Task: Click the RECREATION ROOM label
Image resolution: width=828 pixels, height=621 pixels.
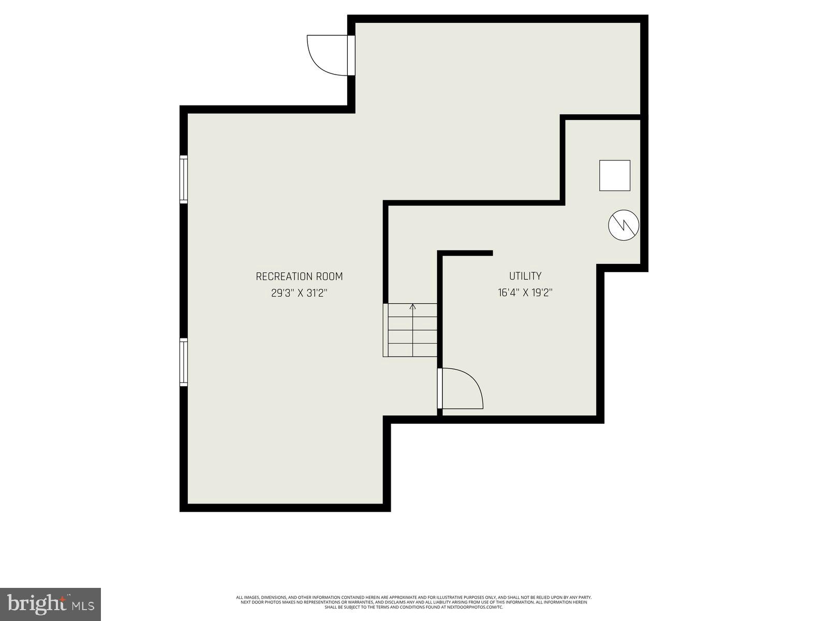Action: (299, 277)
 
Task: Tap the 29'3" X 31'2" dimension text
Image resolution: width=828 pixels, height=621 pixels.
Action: (299, 293)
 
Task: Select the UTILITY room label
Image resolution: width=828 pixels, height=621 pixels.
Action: (525, 276)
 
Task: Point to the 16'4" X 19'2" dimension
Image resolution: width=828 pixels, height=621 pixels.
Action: (525, 293)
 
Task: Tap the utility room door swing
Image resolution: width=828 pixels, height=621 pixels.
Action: (463, 388)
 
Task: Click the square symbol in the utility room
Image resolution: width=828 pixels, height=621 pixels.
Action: (614, 175)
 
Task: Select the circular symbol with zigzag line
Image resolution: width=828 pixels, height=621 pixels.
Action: (623, 225)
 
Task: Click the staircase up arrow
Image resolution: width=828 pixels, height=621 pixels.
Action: (412, 307)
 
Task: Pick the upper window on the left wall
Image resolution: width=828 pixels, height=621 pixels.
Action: (183, 179)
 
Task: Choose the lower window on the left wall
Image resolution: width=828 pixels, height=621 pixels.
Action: (183, 362)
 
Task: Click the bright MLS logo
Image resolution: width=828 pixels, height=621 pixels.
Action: (51, 603)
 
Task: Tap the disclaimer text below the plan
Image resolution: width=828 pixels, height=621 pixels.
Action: (413, 602)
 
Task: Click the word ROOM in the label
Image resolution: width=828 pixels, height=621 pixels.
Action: (329, 277)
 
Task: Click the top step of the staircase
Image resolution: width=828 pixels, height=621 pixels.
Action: (412, 310)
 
